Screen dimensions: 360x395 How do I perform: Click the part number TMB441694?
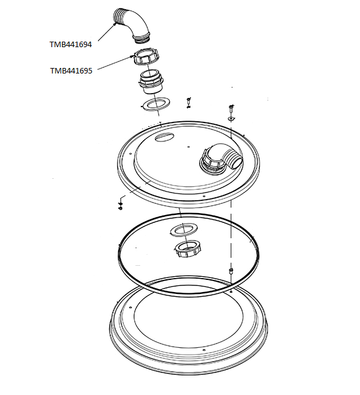point(70,45)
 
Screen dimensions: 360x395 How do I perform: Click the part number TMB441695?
point(71,71)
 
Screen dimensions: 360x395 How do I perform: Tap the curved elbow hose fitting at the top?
point(132,26)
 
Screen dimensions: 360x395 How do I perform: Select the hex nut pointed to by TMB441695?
point(146,57)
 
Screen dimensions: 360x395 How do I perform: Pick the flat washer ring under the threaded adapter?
point(156,103)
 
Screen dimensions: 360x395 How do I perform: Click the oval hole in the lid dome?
point(164,137)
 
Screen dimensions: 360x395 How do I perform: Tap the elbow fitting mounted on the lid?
point(222,158)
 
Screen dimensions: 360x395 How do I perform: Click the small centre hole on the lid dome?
point(189,147)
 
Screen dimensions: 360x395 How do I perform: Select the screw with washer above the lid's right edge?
point(231,113)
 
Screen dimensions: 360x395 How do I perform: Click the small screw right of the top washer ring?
point(189,103)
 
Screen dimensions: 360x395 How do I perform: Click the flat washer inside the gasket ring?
point(184,229)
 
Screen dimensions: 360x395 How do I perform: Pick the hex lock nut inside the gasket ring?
point(188,249)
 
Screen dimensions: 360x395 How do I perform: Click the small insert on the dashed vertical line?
point(231,271)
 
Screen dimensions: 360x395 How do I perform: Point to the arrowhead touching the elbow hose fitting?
point(116,24)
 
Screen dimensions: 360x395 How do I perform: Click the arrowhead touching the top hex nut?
point(133,56)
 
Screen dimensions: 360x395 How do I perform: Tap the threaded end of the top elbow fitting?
point(142,39)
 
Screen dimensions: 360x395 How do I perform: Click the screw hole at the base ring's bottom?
point(203,350)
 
